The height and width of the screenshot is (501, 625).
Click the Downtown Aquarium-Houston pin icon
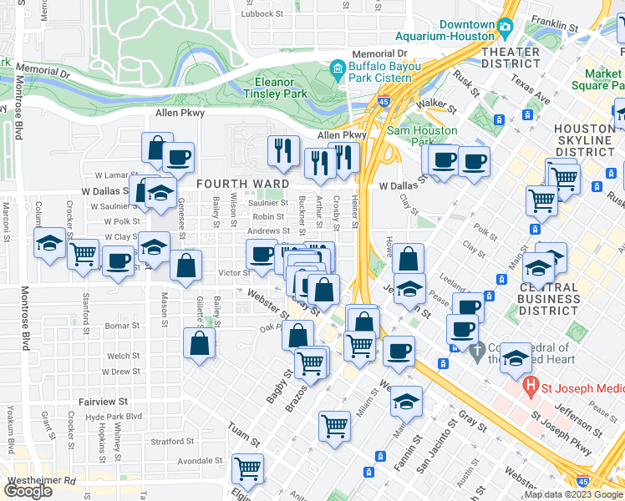pyautogui.click(x=505, y=28)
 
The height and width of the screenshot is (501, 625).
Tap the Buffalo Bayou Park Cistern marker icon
pyautogui.click(x=338, y=66)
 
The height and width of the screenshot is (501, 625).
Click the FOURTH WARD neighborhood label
pyautogui.click(x=242, y=184)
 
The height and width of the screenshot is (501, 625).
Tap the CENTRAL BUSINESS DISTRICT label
pyautogui.click(x=549, y=299)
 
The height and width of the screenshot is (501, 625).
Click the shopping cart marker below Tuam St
pyautogui.click(x=247, y=469)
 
